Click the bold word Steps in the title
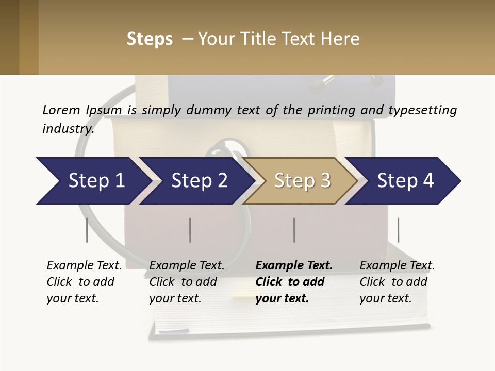[150, 39]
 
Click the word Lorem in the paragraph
[61, 110]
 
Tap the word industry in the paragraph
[68, 128]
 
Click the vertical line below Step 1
[87, 230]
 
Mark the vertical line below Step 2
[190, 230]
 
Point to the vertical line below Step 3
[294, 230]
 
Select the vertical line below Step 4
[398, 230]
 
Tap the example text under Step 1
[84, 282]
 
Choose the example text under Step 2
[187, 282]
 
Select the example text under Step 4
[397, 282]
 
